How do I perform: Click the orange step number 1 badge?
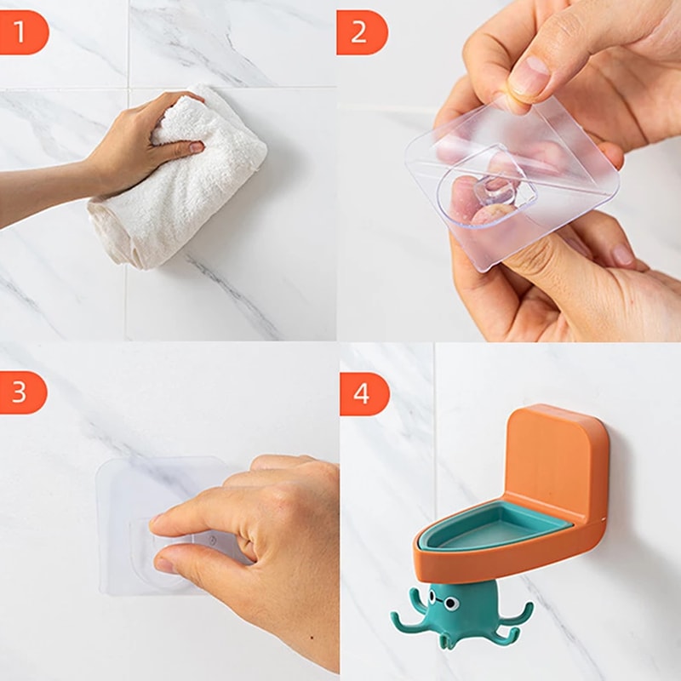23,32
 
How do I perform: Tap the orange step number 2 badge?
362,32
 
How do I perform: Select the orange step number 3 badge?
23,392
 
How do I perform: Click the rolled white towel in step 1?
179,183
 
